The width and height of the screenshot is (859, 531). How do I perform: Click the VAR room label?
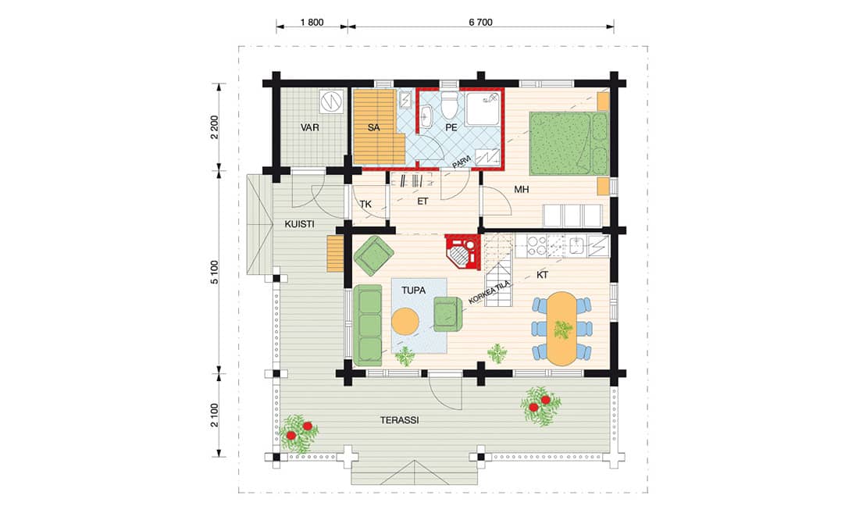[309, 128]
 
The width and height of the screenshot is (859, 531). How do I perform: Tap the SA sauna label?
[373, 128]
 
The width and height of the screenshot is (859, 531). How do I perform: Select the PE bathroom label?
[451, 128]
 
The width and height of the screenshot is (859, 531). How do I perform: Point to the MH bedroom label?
[522, 190]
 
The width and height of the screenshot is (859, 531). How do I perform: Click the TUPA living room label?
[413, 290]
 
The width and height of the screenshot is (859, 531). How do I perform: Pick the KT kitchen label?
[543, 275]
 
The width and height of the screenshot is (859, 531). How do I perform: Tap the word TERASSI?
[399, 420]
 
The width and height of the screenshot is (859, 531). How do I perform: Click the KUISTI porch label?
[299, 224]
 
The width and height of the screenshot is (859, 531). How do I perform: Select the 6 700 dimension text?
[480, 23]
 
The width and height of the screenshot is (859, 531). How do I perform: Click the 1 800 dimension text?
[312, 23]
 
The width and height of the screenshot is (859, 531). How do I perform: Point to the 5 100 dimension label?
[214, 272]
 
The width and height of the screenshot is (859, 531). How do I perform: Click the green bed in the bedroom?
[569, 143]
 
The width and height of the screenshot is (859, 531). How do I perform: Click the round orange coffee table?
[405, 322]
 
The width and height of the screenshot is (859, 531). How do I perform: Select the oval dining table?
[562, 329]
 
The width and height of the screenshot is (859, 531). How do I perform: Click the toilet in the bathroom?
[449, 105]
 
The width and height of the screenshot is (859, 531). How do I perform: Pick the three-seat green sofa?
[368, 325]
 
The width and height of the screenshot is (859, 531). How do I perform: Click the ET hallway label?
[422, 201]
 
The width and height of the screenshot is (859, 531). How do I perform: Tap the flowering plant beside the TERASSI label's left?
[299, 433]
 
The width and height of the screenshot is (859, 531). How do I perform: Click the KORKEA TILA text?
[490, 293]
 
